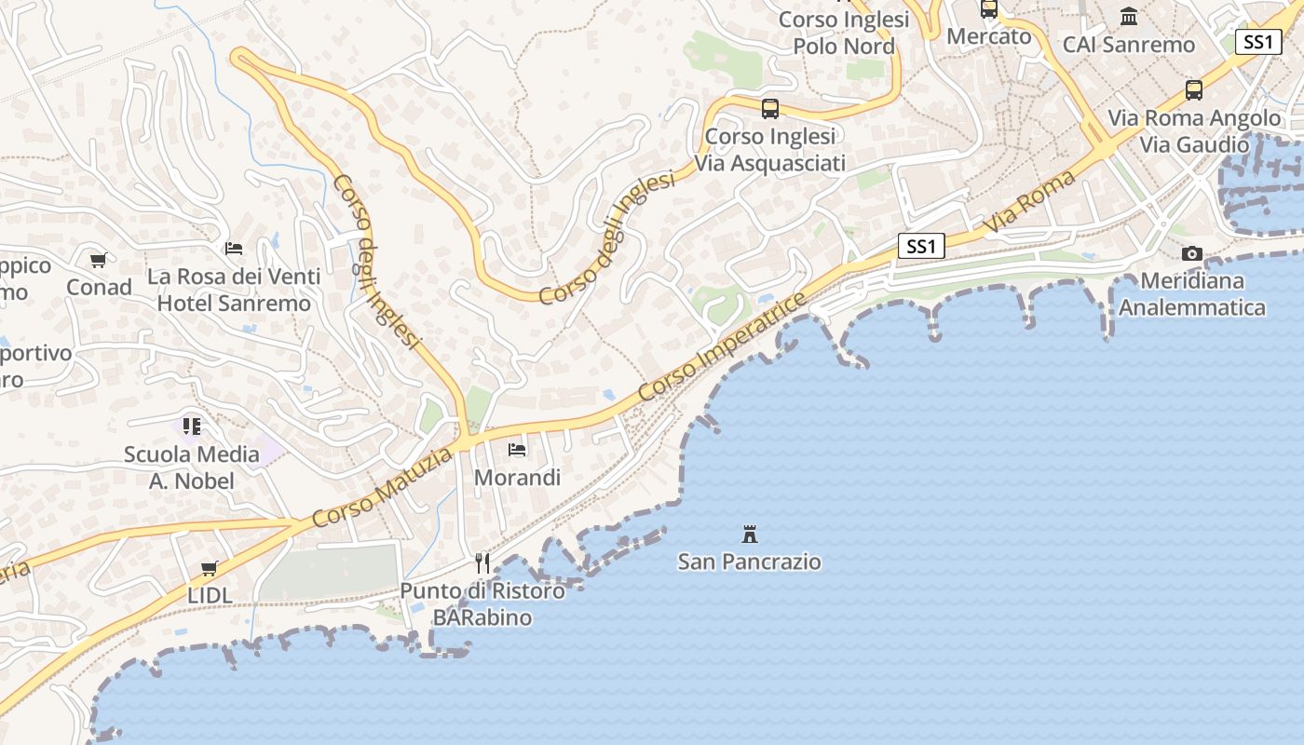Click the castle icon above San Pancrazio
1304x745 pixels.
pos(750,534)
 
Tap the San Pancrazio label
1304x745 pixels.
pos(750,562)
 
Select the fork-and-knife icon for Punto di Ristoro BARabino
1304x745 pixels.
pos(482,562)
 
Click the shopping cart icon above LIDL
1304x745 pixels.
pos(210,568)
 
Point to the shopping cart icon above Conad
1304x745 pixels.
pos(99,260)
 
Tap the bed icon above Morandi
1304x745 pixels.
pos(518,450)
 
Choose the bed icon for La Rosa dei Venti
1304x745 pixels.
pos(234,249)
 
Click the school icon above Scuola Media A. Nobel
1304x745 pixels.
pos(192,427)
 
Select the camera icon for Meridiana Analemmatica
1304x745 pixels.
pos(1191,253)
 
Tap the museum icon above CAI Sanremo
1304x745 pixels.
pos(1129,17)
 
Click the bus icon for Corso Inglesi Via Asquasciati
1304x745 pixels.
pos(770,109)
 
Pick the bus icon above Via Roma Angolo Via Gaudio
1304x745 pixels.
pos(1194,90)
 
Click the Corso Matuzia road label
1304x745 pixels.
pos(382,487)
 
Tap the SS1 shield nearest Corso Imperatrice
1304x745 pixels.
pos(921,246)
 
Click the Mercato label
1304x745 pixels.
pos(989,36)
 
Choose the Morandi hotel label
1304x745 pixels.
pos(518,478)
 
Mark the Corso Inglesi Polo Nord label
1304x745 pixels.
pos(844,33)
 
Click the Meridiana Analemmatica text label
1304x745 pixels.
pos(1192,294)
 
